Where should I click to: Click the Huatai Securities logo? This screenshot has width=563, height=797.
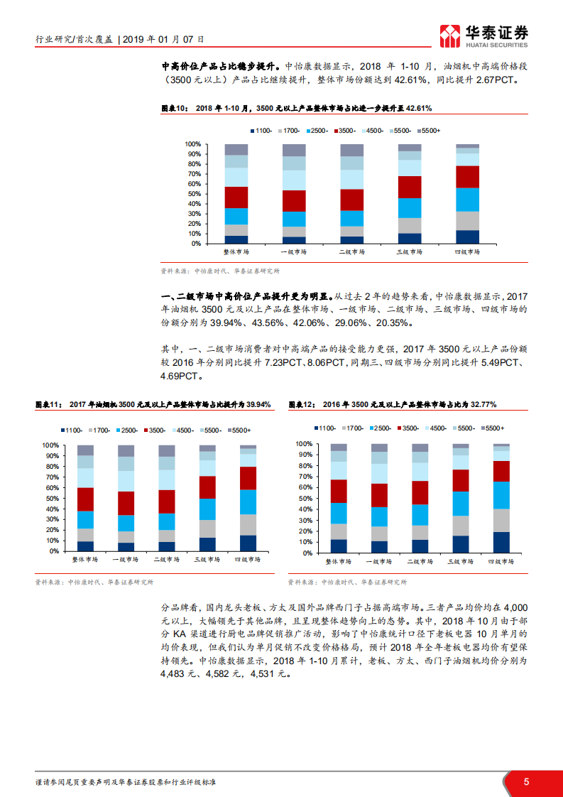click(484, 33)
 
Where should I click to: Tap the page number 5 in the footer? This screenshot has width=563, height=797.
click(526, 782)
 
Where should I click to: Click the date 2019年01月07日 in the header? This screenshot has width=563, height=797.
click(163, 40)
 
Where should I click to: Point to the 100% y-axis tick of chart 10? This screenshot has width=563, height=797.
click(192, 144)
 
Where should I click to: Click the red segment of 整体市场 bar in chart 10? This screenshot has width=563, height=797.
click(236, 197)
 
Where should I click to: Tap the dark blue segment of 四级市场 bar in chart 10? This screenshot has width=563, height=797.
click(467, 237)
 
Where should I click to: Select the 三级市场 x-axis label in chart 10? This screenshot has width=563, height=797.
click(410, 252)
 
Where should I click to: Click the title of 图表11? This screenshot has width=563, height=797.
click(153, 404)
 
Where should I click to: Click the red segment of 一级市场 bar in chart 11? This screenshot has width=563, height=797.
click(126, 503)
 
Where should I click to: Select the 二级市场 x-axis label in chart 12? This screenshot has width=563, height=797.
click(420, 561)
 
